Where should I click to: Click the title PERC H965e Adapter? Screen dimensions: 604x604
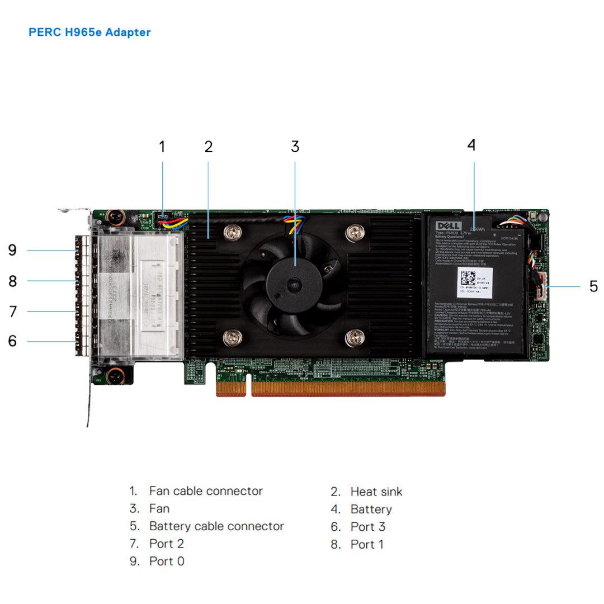pos(89,32)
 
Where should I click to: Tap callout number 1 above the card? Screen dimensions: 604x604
pos(162,147)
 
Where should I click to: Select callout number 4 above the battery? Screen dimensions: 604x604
pos(471,145)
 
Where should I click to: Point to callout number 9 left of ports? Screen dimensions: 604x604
pos(12,251)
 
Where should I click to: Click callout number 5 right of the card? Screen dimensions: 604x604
pos(593,286)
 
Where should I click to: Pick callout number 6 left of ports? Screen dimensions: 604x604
pos(12,341)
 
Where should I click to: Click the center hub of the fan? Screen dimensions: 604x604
pos(294,286)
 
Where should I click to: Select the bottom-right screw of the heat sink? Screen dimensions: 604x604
pos(355,337)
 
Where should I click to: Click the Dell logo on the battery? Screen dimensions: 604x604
pos(447,225)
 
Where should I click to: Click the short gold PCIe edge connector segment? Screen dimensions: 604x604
pos(230,388)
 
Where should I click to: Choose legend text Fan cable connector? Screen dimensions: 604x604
pos(205,491)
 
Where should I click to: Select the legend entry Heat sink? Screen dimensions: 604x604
pos(376,492)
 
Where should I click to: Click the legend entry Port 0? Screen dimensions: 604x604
pos(166,561)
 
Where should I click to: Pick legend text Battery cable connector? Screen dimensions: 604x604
pos(216,526)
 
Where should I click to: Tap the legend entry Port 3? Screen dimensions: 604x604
pos(367,527)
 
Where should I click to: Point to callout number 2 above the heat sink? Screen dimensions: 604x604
pos(209,147)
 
